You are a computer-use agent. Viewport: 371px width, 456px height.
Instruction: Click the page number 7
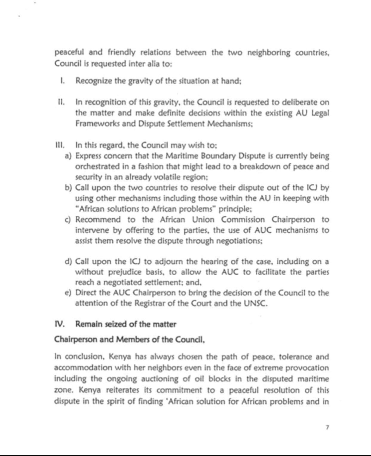pyautogui.click(x=327, y=428)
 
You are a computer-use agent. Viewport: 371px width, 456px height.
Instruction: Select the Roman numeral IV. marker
pyautogui.click(x=59, y=324)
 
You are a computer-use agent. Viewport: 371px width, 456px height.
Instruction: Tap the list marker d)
pyautogui.click(x=68, y=262)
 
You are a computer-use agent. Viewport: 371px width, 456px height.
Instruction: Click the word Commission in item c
pyautogui.click(x=243, y=220)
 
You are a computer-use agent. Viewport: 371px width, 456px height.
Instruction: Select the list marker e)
pyautogui.click(x=68, y=293)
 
